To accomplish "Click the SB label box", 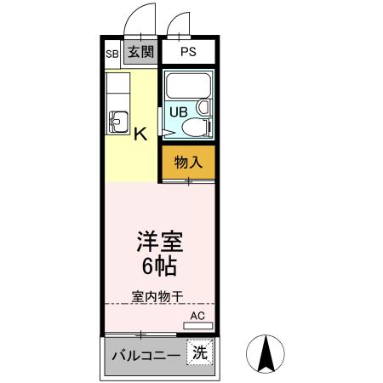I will coord(112,53).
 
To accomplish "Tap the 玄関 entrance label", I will coord(140,52).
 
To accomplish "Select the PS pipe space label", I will coord(188,53).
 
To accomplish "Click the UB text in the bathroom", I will coord(179,111).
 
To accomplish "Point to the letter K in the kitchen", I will coord(140,133).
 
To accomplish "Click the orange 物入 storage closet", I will coord(187,161).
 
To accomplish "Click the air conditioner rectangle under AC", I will coord(198,325).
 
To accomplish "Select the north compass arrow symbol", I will coord(265,354).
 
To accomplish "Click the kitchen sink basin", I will coord(117,122).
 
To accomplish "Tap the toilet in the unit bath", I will coord(194,129).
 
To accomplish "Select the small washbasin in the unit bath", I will coord(203,108).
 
